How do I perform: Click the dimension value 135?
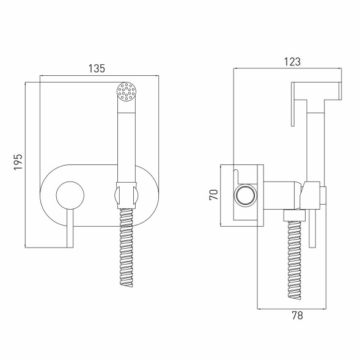97,68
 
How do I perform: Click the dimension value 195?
18,162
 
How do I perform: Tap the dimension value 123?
292,62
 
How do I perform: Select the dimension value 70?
213,195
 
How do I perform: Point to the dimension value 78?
297,315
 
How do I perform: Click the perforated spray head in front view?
127,92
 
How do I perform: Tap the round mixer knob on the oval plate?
70,196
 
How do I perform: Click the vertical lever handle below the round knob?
70,229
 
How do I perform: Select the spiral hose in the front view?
127,248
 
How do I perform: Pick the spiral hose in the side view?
294,260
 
